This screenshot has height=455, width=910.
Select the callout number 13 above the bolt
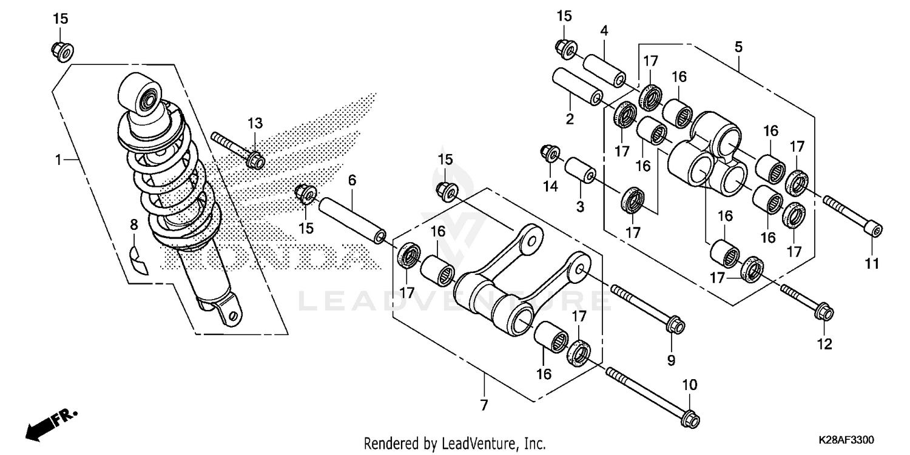[x=255, y=124]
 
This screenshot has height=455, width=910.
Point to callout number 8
[x=134, y=225]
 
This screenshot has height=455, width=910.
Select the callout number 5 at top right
[x=738, y=47]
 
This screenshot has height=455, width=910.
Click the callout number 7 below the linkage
[x=484, y=406]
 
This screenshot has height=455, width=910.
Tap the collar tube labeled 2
[x=577, y=89]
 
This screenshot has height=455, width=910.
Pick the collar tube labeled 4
[x=604, y=72]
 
